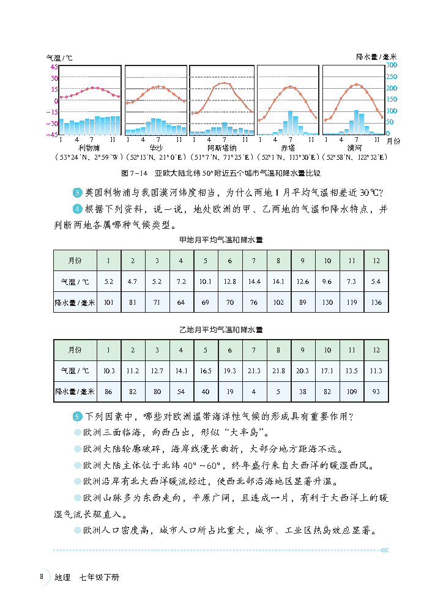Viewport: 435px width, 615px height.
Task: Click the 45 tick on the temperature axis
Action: (54, 67)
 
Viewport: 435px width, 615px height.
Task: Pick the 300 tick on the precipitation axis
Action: (392, 65)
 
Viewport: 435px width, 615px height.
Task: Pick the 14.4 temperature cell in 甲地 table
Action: (254, 281)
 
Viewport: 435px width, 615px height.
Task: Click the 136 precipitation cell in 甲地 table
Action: (376, 302)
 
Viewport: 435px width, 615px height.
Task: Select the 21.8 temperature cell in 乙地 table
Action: (278, 370)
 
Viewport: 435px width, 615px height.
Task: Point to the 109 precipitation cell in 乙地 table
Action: (352, 391)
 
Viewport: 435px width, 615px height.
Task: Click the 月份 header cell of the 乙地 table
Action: (75, 350)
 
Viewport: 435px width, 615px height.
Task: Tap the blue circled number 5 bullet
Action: (77, 417)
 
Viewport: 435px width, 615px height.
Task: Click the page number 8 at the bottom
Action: (41, 576)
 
